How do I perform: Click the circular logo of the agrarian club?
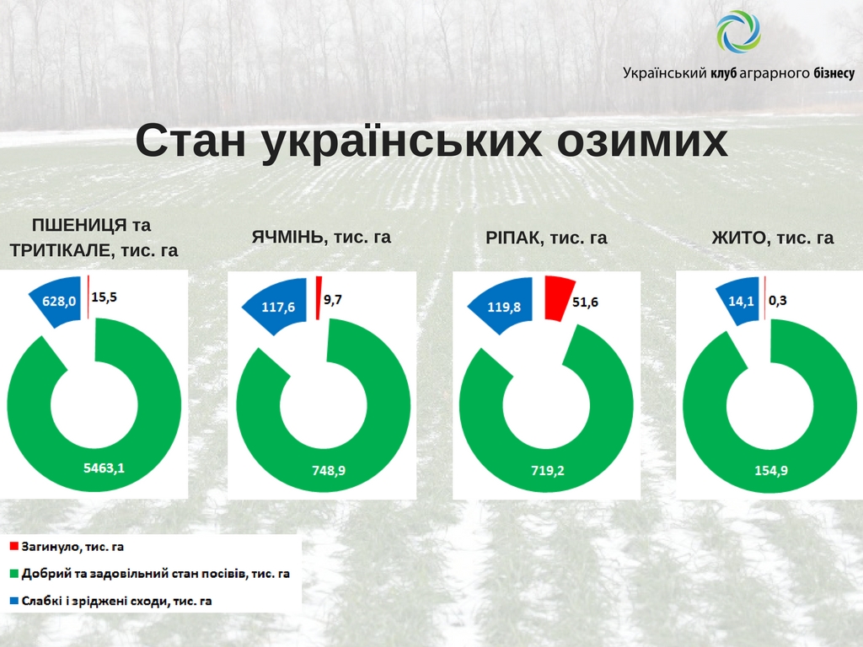click(x=738, y=32)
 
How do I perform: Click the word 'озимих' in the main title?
click(x=642, y=141)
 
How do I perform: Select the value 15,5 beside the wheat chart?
click(x=104, y=297)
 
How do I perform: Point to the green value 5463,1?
click(x=104, y=468)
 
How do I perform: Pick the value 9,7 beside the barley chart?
click(x=332, y=299)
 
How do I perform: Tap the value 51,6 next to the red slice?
click(x=585, y=302)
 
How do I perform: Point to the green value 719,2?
click(x=548, y=470)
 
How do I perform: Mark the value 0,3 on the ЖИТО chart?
click(x=778, y=301)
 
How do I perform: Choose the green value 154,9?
click(x=771, y=470)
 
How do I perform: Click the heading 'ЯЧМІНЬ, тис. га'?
click(x=321, y=237)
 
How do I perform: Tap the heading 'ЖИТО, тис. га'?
click(x=773, y=238)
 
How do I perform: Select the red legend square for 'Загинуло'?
click(x=14, y=546)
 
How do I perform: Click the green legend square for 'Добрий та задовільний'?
click(x=14, y=573)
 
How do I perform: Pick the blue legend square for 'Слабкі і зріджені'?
click(x=14, y=601)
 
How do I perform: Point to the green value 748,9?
click(x=329, y=470)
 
